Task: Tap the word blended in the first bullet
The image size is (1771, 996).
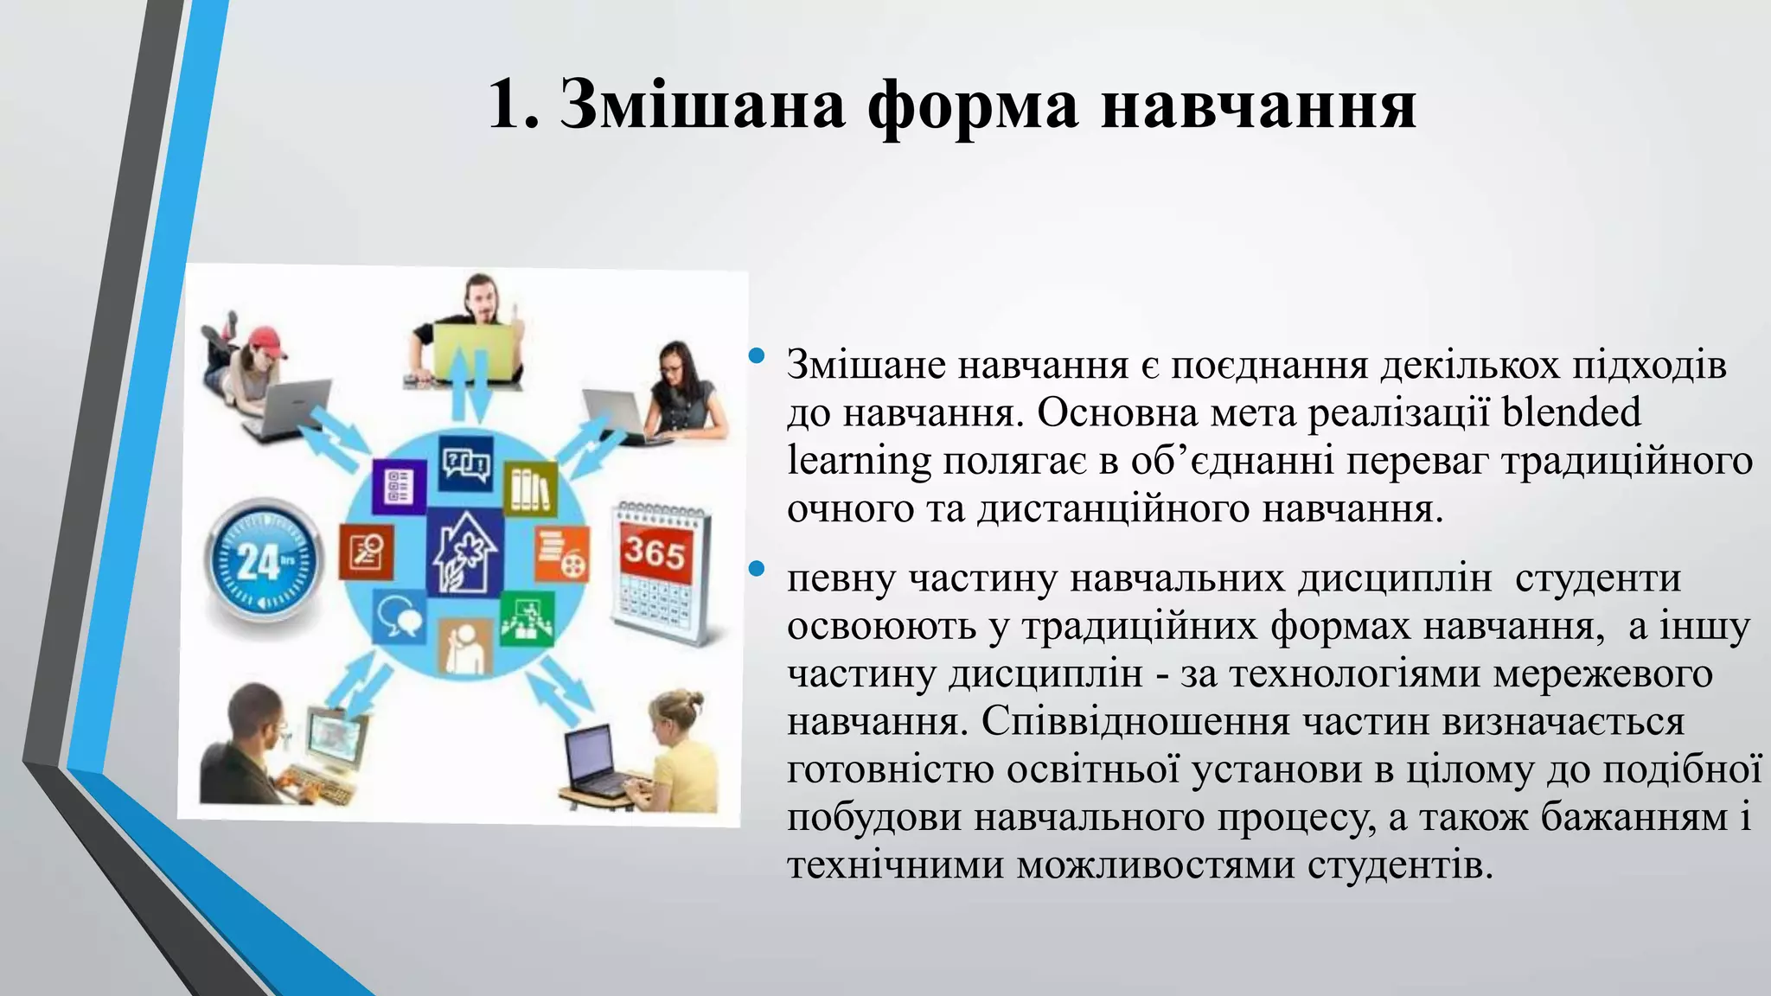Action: point(1571,412)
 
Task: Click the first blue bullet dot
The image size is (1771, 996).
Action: point(758,355)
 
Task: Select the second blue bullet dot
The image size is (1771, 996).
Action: point(758,568)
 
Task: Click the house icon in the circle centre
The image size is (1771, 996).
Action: point(466,552)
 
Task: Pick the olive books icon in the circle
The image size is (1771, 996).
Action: point(530,488)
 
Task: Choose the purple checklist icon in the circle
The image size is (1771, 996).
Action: point(399,487)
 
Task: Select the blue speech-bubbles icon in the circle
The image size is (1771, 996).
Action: point(399,616)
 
